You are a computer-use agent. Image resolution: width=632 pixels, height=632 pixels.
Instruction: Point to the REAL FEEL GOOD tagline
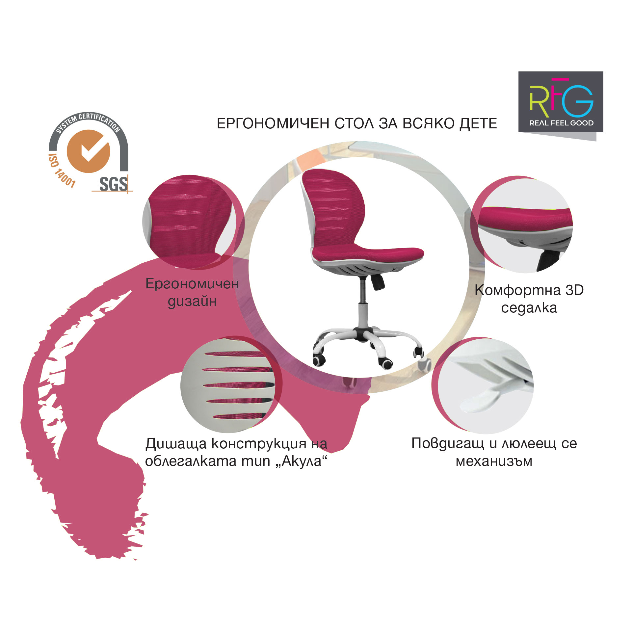coord(562,123)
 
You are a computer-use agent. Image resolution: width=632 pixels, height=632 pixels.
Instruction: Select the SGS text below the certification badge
coord(113,184)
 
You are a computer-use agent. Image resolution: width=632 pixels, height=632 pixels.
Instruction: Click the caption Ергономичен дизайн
coord(192,292)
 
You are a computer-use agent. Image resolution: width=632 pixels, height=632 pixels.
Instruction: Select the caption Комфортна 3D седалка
coord(529,299)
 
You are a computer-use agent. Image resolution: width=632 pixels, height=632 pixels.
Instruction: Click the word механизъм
coord(494,461)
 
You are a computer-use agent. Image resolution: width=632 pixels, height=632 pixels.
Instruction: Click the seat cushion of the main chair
coord(367,253)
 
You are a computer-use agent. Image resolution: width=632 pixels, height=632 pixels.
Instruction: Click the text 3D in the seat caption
coord(574,290)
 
